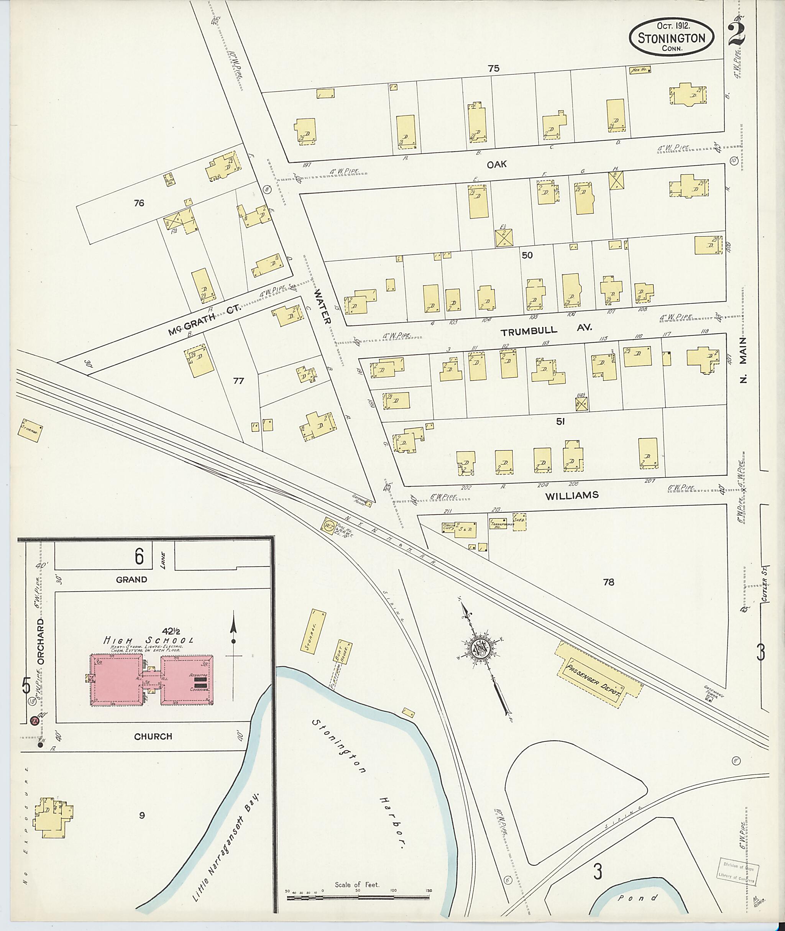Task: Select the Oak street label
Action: coord(497,165)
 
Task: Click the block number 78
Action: coord(608,582)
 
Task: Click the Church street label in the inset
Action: coord(153,737)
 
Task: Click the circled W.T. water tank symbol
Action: coord(330,524)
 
